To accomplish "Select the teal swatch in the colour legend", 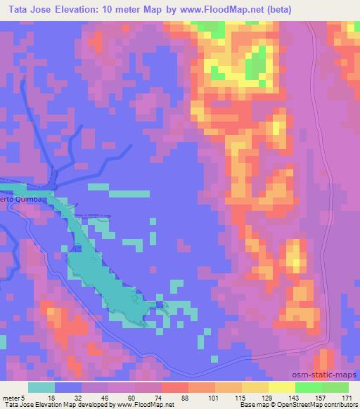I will coord(41,387).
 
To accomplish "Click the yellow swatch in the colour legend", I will coord(282,387).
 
